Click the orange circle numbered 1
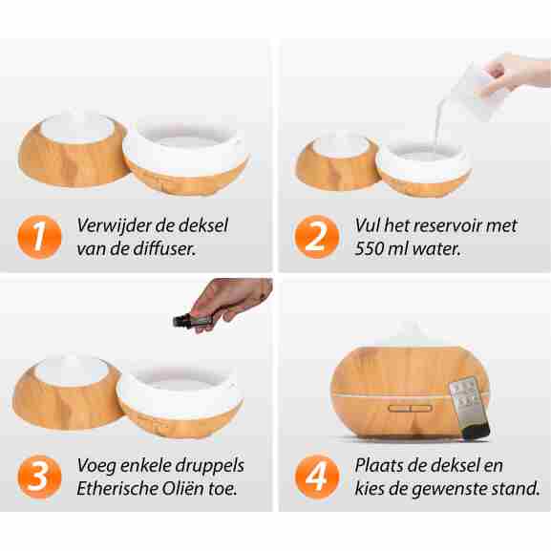[x=39, y=237]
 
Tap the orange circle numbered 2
[x=317, y=237]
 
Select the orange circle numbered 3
[x=39, y=477]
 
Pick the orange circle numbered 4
[x=317, y=477]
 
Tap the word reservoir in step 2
[x=447, y=226]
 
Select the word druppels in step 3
[x=209, y=466]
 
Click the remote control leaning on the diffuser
[x=469, y=408]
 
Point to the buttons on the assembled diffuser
[x=411, y=409]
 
